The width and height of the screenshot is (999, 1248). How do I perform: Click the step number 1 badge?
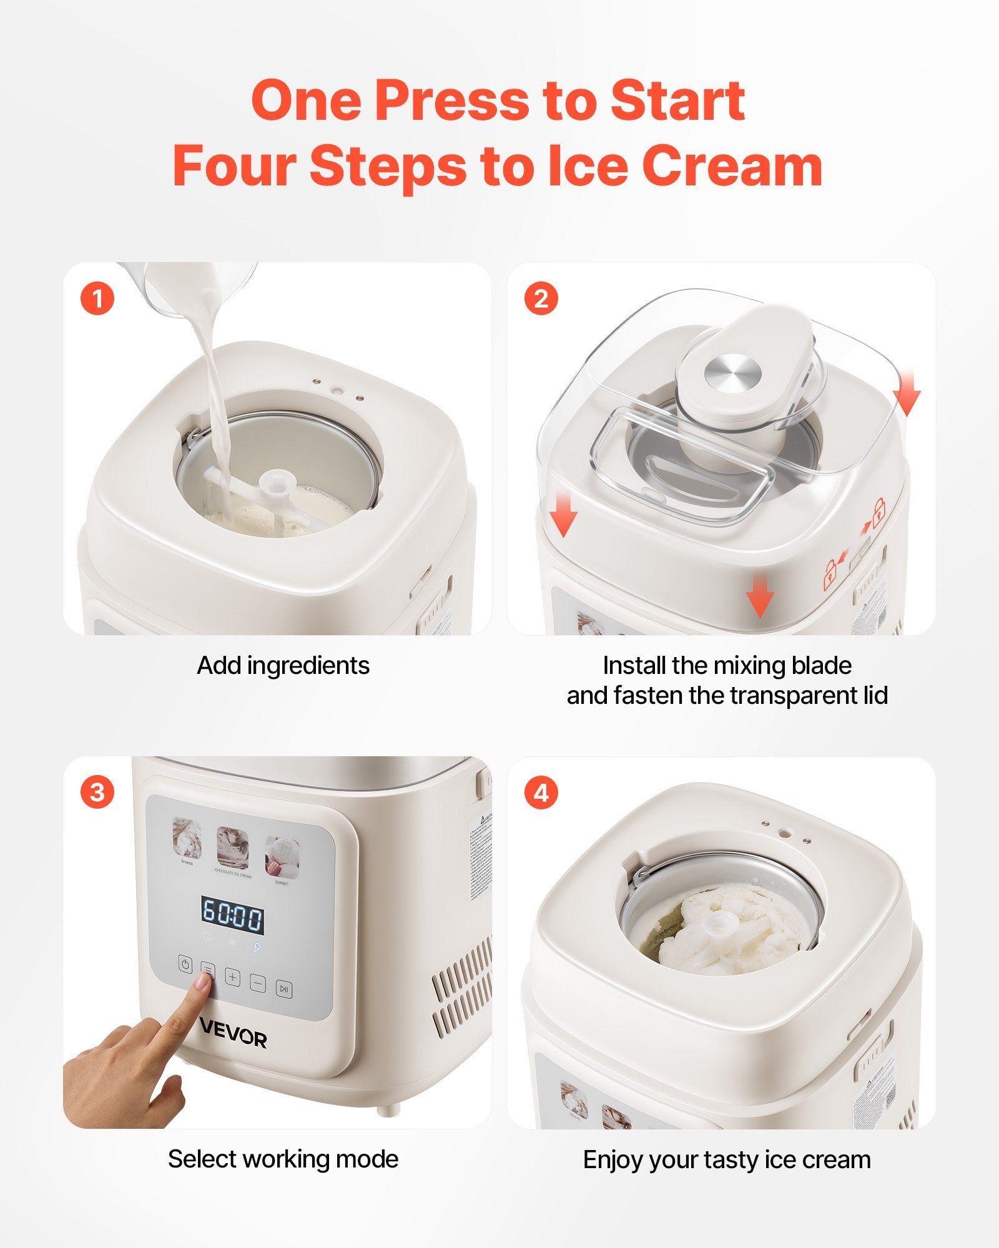(97, 299)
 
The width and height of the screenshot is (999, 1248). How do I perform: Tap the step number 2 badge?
(541, 299)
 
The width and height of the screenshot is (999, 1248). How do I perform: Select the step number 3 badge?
(97, 793)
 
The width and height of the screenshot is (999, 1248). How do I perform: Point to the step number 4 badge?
(541, 793)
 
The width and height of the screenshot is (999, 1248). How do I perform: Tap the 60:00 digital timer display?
(232, 916)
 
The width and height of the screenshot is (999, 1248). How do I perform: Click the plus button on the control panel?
(232, 977)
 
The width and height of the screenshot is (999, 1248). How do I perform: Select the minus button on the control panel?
(258, 983)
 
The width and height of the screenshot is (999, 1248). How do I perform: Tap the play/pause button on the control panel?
(284, 988)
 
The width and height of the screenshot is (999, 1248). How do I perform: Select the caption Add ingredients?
(283, 666)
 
